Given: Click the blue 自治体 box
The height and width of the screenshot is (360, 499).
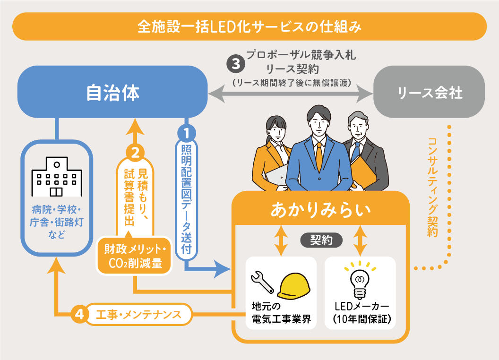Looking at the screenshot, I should coord(112,93).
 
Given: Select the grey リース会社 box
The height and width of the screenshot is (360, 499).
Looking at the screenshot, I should coord(429,93).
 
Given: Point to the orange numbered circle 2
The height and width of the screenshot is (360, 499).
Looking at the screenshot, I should coord(135,152).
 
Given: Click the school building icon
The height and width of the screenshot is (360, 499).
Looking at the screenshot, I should coord(56,178).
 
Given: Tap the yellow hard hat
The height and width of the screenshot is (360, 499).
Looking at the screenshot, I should coord(294,286).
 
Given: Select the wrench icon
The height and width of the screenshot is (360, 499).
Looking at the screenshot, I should coord(262,282).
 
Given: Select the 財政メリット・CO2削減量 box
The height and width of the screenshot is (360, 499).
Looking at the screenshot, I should coord(134,256).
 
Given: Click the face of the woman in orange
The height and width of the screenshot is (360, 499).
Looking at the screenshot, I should coord(276,127).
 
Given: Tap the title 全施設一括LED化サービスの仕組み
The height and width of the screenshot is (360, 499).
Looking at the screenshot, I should coord(249,26).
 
